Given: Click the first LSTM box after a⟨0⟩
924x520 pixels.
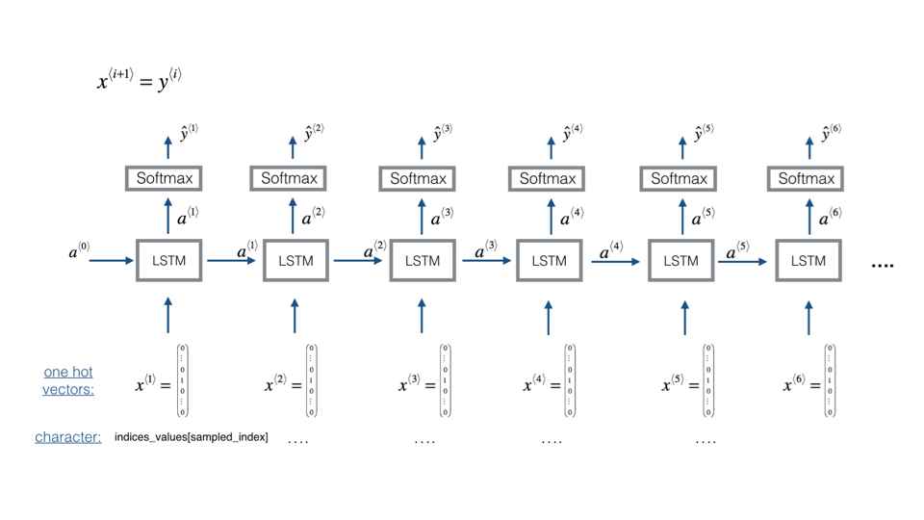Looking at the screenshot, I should pos(168,260).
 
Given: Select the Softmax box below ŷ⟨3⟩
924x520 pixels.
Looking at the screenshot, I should pos(419,178).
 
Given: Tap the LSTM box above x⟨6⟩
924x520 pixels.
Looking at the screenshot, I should pos(808,260).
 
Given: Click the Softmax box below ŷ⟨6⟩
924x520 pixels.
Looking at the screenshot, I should pos(806,178).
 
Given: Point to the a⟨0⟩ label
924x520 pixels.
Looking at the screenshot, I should pos(79,252).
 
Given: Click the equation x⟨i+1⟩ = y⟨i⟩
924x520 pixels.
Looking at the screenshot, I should pos(139,80).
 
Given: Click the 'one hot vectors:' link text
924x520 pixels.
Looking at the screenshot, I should pos(68,380).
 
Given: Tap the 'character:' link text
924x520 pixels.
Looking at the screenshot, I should pos(68,437).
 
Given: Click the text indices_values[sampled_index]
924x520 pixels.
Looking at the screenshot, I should pos(191,437).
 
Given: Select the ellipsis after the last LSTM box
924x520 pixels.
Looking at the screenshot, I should pos(882,264).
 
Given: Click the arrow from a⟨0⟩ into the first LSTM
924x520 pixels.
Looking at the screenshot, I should pos(112,260).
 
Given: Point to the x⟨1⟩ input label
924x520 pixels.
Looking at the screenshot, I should pos(152,385).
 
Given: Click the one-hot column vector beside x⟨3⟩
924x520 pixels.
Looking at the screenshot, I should pos(445,380).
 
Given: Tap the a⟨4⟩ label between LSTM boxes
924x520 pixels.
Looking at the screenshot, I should pos(611,252).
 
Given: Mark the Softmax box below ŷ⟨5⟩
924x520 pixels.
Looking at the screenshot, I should pos(679,178).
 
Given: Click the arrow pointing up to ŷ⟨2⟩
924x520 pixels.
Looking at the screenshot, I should pos(294,146).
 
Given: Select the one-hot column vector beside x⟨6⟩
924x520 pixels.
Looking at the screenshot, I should pos(830,380).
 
